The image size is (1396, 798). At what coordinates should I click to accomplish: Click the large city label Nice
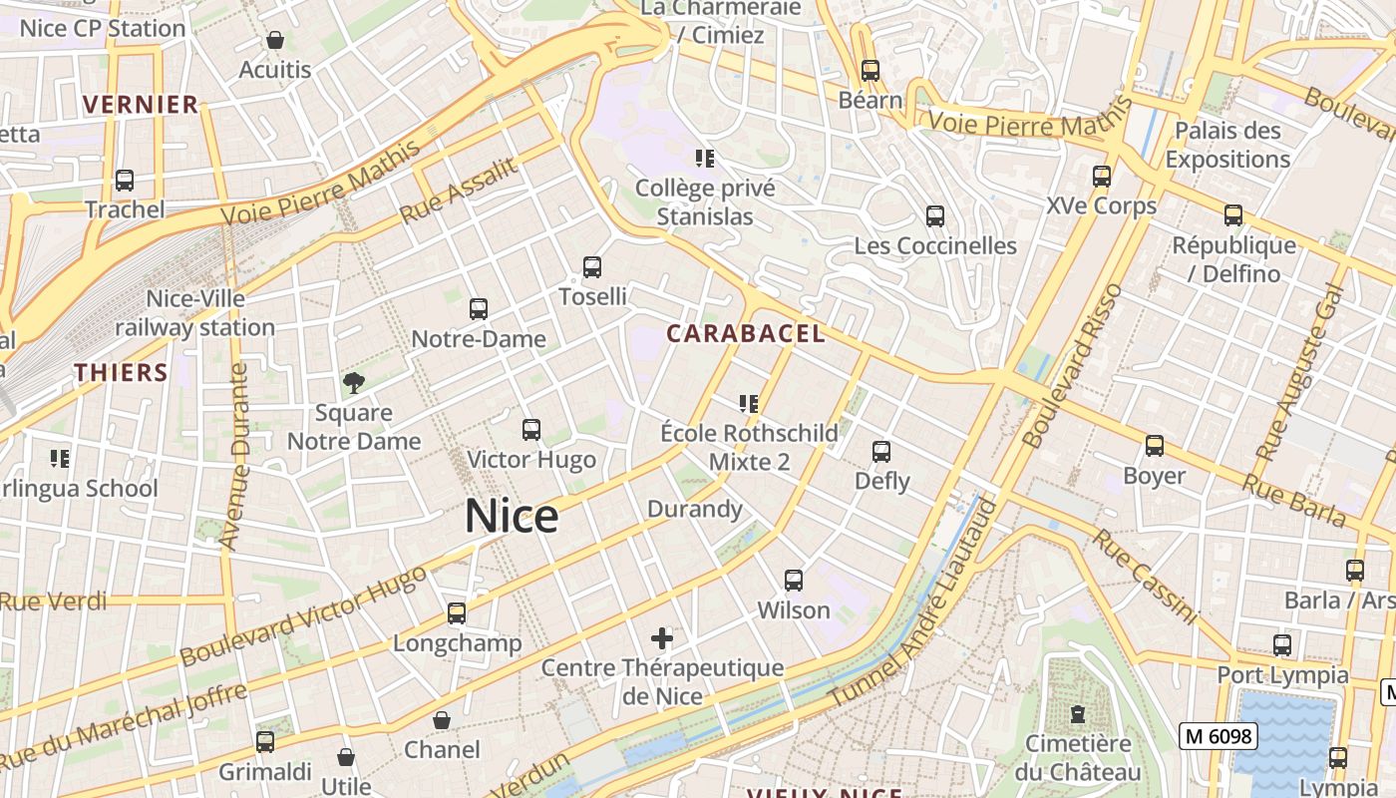pyautogui.click(x=512, y=516)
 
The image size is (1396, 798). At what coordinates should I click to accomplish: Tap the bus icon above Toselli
pyautogui.click(x=592, y=267)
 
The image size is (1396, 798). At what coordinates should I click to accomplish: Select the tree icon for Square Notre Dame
pyautogui.click(x=353, y=382)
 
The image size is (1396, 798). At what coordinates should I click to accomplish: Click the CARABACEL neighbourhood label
pyautogui.click(x=746, y=334)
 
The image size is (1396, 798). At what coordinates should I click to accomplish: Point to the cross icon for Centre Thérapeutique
pyautogui.click(x=662, y=637)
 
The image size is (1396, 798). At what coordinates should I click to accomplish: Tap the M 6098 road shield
pyautogui.click(x=1218, y=736)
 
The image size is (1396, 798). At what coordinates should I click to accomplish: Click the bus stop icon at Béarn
pyautogui.click(x=871, y=71)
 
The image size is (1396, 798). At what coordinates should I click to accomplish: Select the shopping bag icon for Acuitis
pyautogui.click(x=275, y=41)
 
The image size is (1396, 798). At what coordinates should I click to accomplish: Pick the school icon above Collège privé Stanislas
pyautogui.click(x=705, y=158)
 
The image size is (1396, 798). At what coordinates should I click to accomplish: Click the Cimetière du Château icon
pyautogui.click(x=1078, y=714)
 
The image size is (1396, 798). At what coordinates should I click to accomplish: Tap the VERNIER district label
pyautogui.click(x=141, y=105)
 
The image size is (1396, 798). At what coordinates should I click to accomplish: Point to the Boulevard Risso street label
pyautogui.click(x=1073, y=366)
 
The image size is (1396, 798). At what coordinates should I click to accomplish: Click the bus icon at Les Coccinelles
pyautogui.click(x=934, y=216)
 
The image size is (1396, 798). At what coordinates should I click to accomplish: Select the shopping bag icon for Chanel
pyautogui.click(x=442, y=720)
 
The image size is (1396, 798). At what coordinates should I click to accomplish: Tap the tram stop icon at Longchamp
pyautogui.click(x=457, y=613)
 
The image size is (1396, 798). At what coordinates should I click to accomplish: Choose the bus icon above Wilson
pyautogui.click(x=794, y=581)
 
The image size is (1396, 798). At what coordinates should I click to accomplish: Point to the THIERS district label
pyautogui.click(x=121, y=373)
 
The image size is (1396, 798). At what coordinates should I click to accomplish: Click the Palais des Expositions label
pyautogui.click(x=1227, y=145)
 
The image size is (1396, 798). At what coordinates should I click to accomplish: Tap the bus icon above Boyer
pyautogui.click(x=1155, y=446)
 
